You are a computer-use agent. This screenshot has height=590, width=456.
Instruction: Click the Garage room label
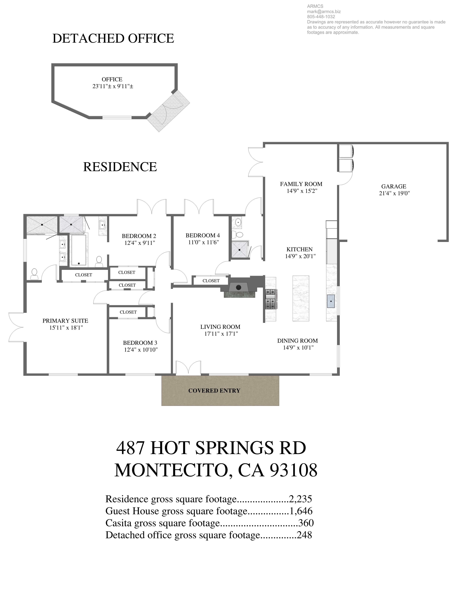point(394,186)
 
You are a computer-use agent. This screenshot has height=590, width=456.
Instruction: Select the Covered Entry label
point(214,391)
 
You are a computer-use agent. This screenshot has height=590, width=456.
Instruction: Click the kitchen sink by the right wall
point(331,301)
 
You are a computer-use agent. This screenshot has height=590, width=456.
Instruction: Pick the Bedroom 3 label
point(140,343)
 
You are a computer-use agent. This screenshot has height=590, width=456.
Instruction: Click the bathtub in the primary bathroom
point(78,250)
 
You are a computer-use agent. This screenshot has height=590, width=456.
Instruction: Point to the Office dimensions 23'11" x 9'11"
point(113,86)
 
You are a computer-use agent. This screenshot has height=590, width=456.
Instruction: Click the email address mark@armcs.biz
point(324,12)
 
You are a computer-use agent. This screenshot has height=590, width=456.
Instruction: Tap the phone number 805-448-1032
point(321,17)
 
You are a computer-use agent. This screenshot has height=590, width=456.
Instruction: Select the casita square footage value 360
point(306,523)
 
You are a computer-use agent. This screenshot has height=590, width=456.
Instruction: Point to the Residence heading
point(120,167)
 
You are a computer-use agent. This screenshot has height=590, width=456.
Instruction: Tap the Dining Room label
point(297,341)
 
